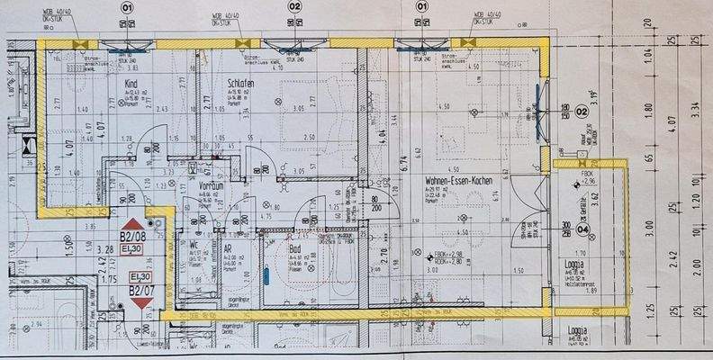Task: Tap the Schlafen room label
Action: pos(241,83)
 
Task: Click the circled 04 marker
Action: pos(582,229)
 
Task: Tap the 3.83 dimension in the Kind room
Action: pos(131,67)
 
